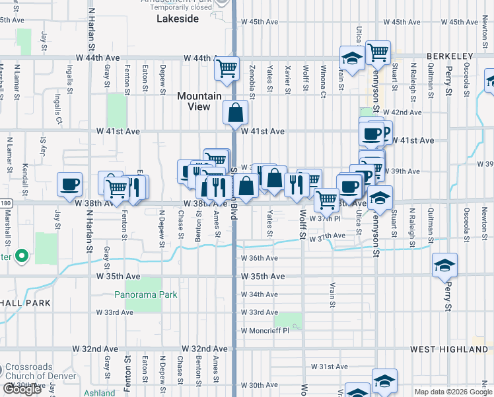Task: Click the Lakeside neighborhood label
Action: click(178, 19)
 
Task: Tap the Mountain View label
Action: click(199, 101)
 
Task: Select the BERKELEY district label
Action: click(450, 56)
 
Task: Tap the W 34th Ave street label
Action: click(259, 294)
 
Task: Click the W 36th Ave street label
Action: click(259, 258)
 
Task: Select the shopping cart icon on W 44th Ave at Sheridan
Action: click(227, 67)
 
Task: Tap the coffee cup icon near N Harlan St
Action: click(69, 184)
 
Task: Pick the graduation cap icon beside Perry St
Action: click(444, 266)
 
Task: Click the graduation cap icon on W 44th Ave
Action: click(352, 59)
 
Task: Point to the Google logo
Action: click(22, 389)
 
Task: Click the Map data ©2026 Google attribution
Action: click(452, 392)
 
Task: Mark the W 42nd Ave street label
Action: click(406, 112)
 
